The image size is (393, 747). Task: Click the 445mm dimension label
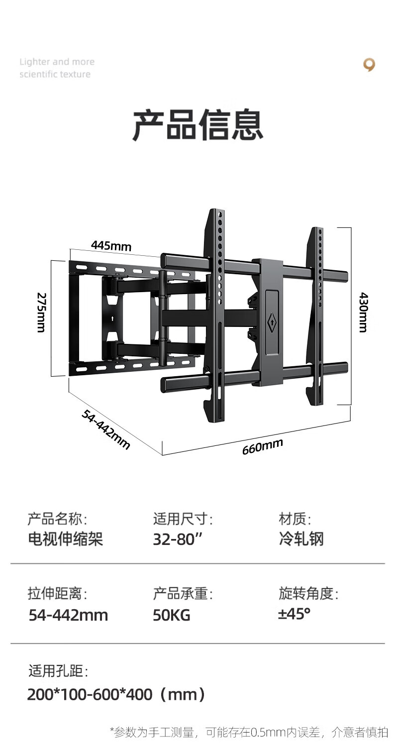pos(111,246)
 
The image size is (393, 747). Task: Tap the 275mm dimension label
pos(41,313)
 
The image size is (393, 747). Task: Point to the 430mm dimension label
pos(363,313)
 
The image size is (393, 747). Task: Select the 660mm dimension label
pos(262,446)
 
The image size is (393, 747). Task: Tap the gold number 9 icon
pos(369,65)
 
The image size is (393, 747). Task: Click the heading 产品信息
pos(198,125)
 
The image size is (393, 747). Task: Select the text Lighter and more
pos(57,62)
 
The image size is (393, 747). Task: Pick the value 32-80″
pos(177,539)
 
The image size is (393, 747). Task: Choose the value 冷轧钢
pos(301,539)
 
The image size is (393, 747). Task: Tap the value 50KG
pos(171,615)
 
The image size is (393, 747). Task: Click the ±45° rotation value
pos(295,614)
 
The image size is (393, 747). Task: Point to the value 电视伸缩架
pos(65,539)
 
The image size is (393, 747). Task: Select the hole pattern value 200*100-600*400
pos(90,695)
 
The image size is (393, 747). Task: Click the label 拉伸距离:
pos(57,594)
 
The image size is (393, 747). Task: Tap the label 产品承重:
pos(183,594)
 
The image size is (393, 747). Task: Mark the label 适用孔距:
pos(58,671)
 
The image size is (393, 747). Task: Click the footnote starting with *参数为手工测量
pos(249,733)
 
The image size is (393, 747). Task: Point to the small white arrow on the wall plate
pos(112,319)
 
